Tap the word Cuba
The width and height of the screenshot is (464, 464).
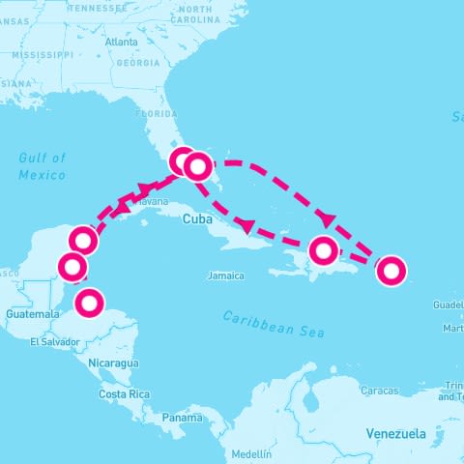pos(197,220)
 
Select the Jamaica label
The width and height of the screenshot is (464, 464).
pos(225,276)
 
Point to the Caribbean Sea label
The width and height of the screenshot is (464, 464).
pos(273,324)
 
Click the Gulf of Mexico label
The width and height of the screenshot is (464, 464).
pos(42,166)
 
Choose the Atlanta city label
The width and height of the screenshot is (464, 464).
pos(121,43)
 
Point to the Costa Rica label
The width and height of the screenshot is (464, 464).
pos(125,394)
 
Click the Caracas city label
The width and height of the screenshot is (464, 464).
pos(378,391)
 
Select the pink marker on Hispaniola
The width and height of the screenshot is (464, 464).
pos(324,252)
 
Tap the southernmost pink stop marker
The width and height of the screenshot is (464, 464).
pos(89,303)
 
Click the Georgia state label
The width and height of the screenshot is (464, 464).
pos(136,63)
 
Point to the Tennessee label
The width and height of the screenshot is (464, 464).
pos(100,8)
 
